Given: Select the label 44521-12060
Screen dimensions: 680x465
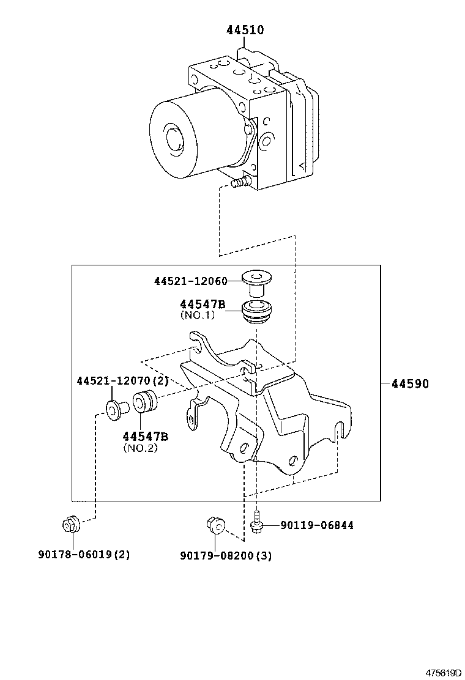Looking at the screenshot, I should (x=190, y=281).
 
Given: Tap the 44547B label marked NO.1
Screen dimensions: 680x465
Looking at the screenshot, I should (x=203, y=304).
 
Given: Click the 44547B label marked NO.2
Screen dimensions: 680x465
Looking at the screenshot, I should (x=145, y=436).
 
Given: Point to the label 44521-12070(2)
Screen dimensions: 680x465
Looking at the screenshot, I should (x=122, y=381).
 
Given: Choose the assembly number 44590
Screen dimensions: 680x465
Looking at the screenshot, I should (x=410, y=384).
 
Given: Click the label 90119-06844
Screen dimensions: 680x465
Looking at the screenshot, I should (x=317, y=525).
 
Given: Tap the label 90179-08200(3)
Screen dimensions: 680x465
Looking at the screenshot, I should (x=226, y=555).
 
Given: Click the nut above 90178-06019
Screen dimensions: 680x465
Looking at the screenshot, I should (x=69, y=524).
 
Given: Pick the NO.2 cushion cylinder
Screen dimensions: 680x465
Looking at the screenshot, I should (x=146, y=402).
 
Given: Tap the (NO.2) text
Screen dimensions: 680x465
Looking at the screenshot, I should (x=141, y=448).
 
